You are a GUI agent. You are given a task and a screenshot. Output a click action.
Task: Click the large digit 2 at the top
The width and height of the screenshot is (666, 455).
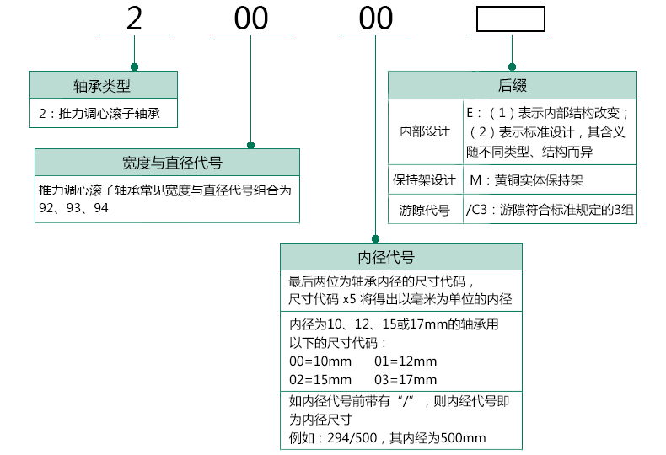[134, 18]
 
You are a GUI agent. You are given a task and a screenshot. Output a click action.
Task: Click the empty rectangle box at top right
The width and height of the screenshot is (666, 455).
[510, 19]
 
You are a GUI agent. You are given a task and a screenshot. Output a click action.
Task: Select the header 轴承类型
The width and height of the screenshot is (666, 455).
[103, 85]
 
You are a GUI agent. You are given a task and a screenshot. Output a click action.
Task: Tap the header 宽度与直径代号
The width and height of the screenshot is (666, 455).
[167, 163]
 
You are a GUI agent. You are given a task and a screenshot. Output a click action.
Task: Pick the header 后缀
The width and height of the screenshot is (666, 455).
[512, 85]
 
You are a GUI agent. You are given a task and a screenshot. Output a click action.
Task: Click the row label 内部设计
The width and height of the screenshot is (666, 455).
[425, 132]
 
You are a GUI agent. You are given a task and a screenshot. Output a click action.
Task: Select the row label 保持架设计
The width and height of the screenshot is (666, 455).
[425, 179]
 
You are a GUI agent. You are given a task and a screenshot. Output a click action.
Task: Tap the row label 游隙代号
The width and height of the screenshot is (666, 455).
[425, 210]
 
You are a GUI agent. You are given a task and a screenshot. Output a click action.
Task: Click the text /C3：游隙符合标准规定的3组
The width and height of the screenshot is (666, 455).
[549, 210]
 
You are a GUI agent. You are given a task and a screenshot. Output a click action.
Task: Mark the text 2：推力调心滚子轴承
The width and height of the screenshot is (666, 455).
[99, 113]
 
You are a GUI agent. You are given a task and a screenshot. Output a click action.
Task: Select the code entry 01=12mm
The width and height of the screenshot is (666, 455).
[406, 360]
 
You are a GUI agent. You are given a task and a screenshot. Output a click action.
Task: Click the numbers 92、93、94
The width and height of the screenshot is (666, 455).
[74, 207]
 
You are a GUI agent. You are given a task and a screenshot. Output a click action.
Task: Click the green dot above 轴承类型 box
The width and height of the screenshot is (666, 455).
[134, 66]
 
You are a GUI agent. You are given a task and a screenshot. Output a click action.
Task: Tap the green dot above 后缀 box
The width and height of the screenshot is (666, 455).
[511, 66]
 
